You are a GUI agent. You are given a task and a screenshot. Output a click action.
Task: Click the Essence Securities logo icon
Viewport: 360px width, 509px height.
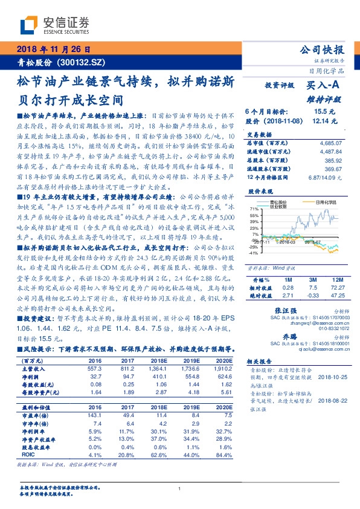29,25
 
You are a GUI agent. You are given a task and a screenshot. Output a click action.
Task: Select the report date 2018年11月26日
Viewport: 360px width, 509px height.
53,50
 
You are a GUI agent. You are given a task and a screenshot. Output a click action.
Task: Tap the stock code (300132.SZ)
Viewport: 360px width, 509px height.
82,62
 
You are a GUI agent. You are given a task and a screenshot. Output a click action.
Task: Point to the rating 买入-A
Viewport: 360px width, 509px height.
324,86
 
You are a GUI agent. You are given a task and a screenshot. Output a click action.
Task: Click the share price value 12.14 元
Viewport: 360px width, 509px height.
325,121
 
